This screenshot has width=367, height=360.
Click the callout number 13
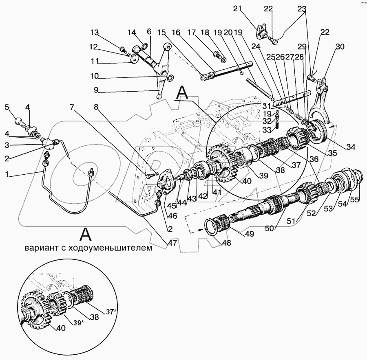pyautogui.click(x=95, y=32)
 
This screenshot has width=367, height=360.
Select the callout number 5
pyautogui.click(x=7, y=107)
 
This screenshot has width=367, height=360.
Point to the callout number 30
pyautogui.click(x=339, y=47)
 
